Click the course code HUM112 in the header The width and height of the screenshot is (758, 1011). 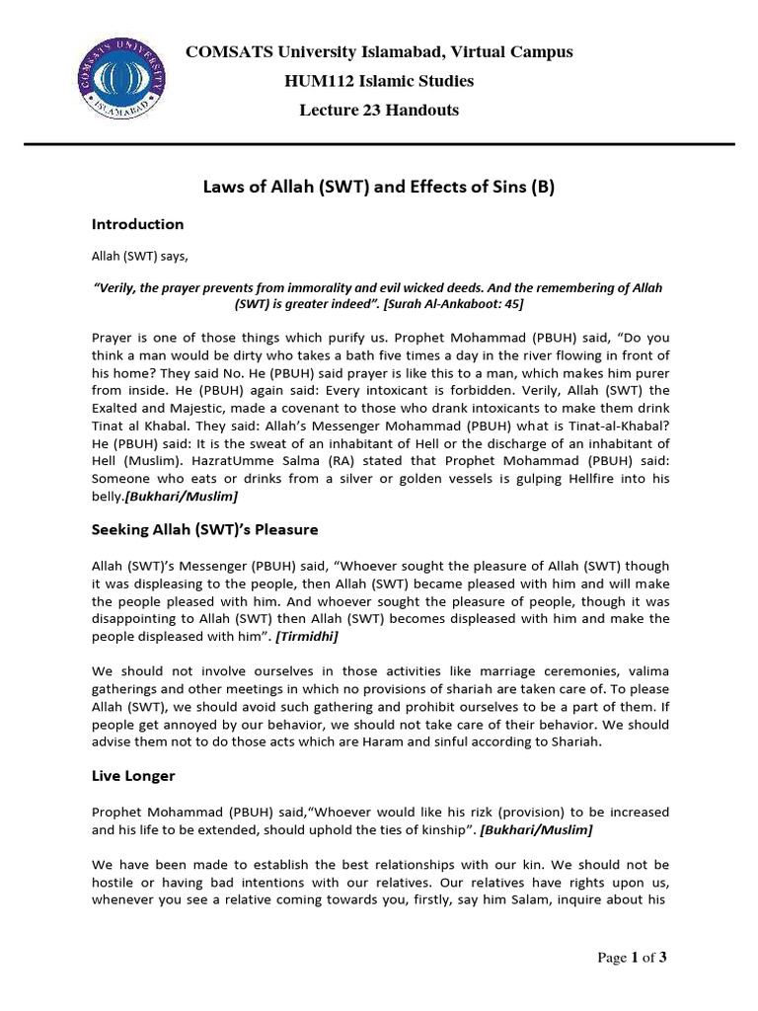pos(314,81)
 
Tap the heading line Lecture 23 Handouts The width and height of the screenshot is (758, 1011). pos(379,111)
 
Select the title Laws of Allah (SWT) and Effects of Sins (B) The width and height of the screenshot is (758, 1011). pos(379,188)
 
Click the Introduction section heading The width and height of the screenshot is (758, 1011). pos(138,224)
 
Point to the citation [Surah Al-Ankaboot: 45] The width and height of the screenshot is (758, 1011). pos(445,303)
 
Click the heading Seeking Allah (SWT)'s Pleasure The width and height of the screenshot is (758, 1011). pos(205,529)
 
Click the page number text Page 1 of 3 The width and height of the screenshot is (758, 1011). pos(625,957)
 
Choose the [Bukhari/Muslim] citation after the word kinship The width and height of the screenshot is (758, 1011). pos(535,830)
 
